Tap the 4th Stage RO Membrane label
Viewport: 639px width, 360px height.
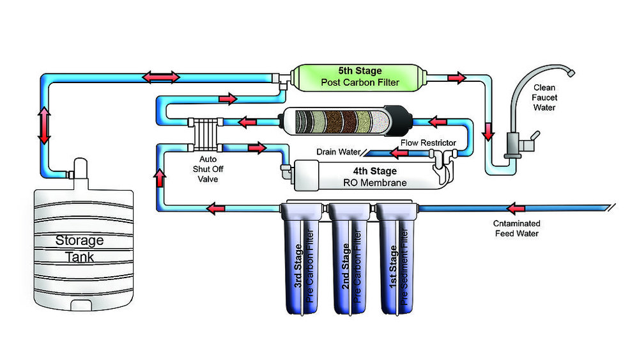coord(374,176)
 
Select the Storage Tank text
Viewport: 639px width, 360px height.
coord(79,248)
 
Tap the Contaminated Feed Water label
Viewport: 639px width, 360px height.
coord(517,228)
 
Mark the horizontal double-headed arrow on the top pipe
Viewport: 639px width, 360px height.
coord(160,77)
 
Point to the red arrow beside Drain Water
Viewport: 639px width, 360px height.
coord(399,153)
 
